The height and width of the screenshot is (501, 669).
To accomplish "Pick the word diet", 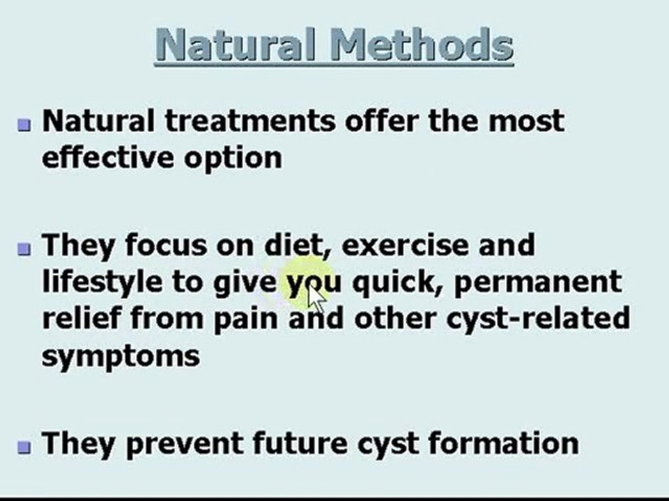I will [x=293, y=245].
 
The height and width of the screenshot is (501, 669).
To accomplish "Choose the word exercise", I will [x=405, y=245].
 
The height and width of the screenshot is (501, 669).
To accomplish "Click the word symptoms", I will [x=120, y=356].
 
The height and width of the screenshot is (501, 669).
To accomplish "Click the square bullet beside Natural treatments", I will [x=25, y=125].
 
